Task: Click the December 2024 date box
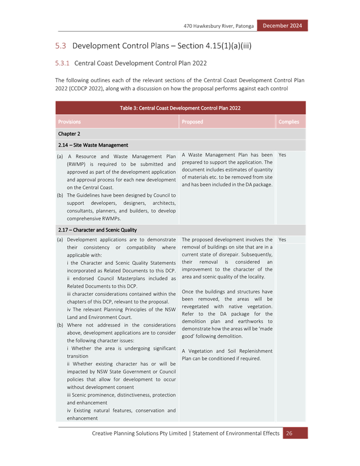282,26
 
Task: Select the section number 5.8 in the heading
61,46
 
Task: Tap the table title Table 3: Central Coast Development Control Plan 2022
180,108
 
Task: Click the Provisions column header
69,122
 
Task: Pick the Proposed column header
192,122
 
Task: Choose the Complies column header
289,122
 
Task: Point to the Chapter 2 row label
69,134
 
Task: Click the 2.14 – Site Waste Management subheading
93,145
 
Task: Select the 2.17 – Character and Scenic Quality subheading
98,230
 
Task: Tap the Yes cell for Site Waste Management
282,155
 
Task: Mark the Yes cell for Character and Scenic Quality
282,240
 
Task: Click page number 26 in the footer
289,433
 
